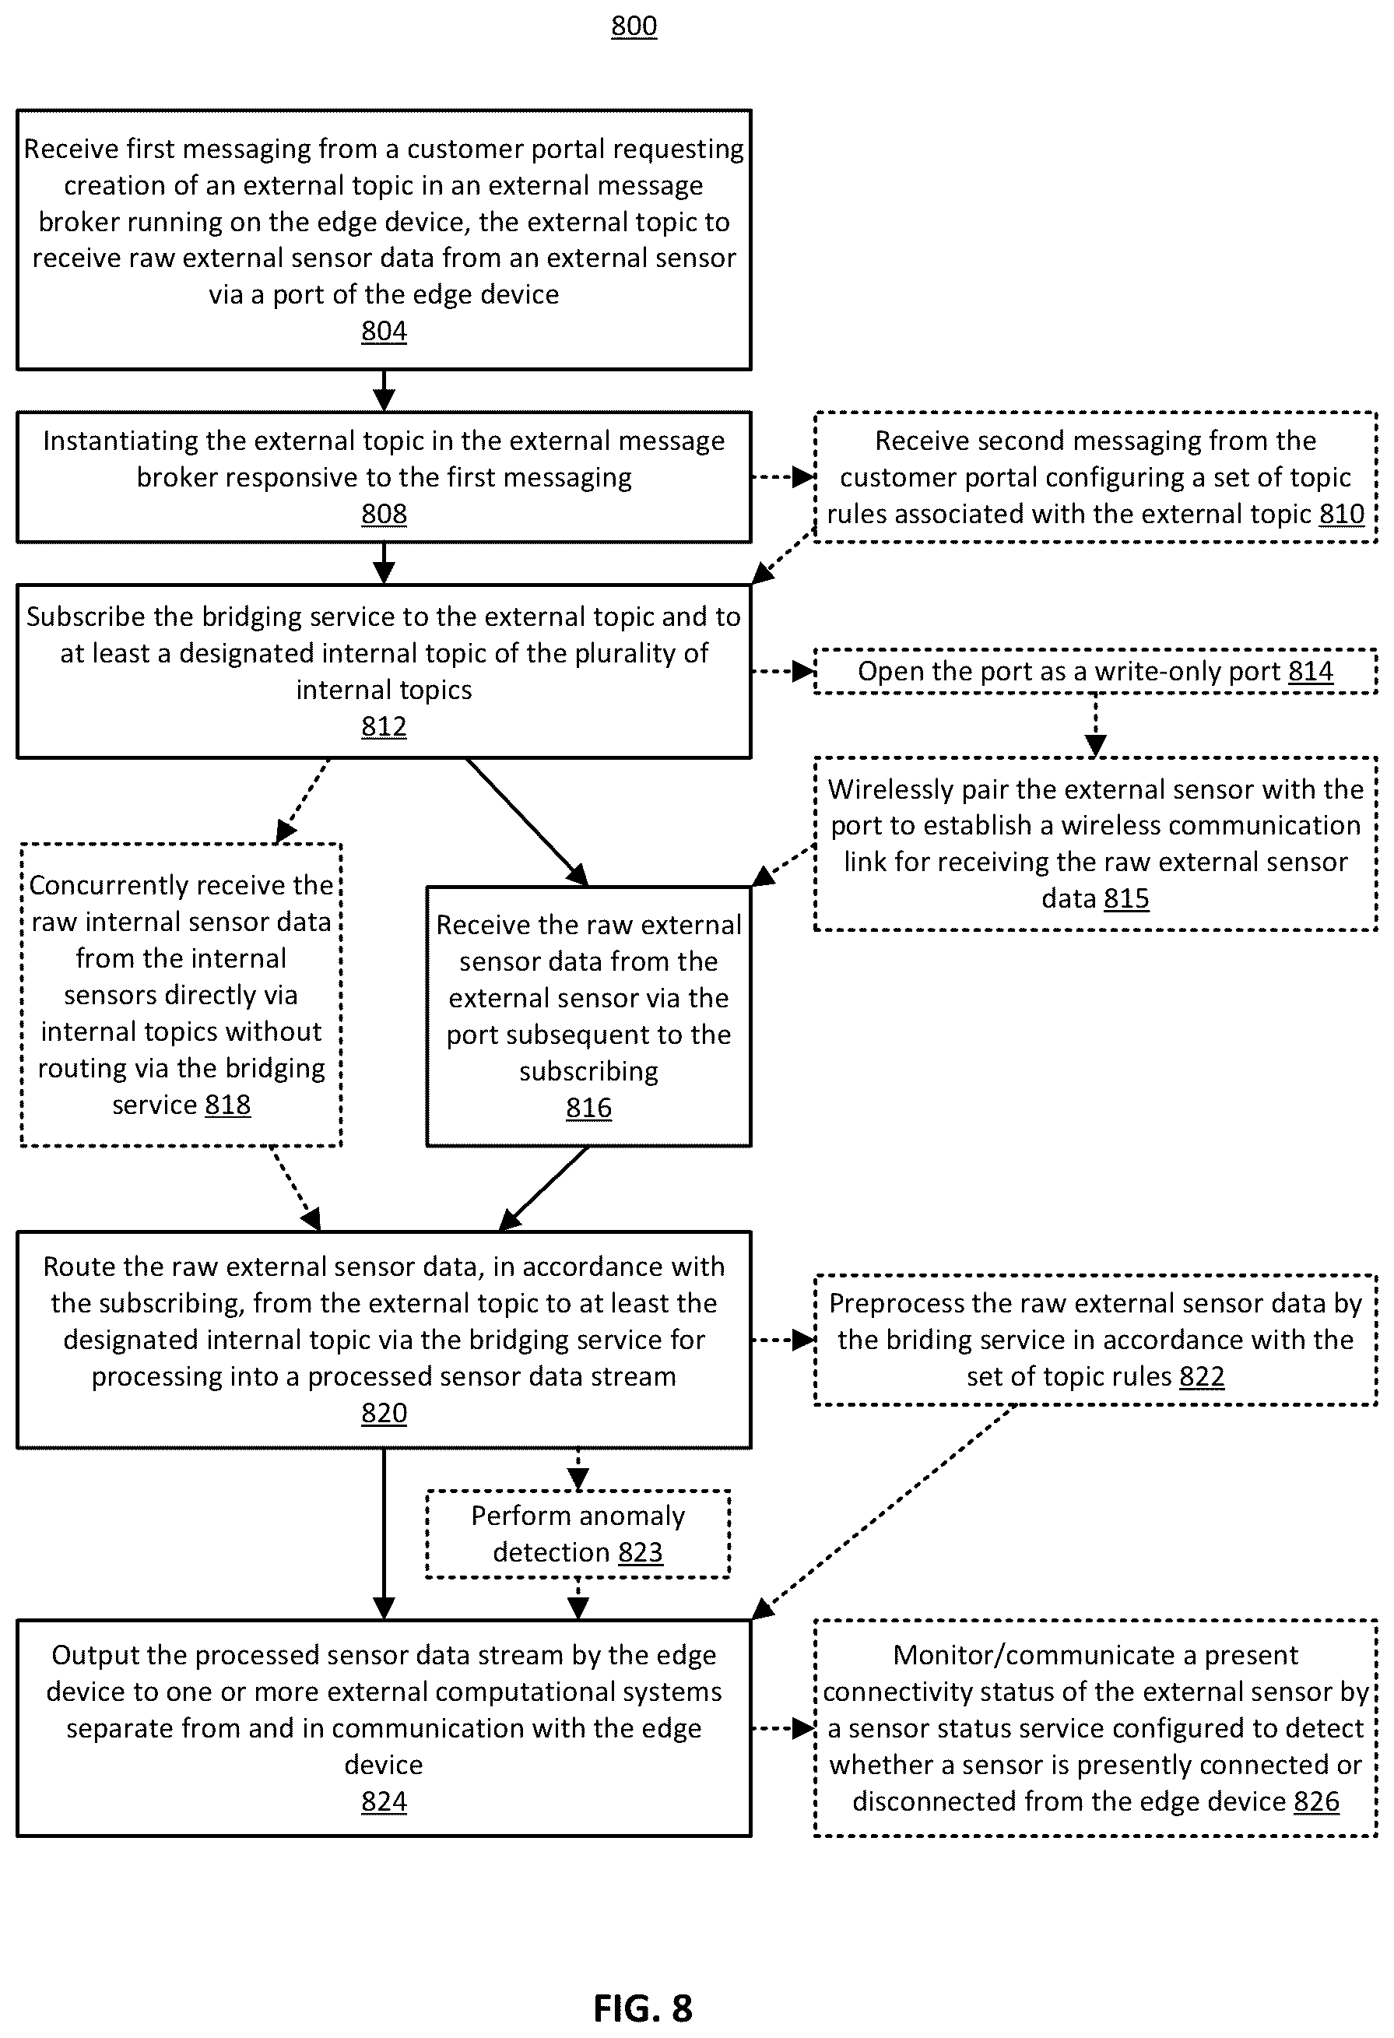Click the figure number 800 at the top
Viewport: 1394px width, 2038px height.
(634, 26)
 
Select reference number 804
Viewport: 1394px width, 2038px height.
(384, 332)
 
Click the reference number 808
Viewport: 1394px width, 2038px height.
(384, 514)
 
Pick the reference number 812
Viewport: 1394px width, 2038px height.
(384, 726)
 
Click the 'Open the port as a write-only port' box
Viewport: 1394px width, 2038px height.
(1096, 672)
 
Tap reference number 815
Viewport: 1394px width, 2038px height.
(1126, 899)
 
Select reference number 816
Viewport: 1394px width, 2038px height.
(588, 1109)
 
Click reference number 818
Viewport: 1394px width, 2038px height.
(228, 1105)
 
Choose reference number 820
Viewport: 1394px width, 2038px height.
(384, 1414)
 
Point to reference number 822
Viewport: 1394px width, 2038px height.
(1202, 1377)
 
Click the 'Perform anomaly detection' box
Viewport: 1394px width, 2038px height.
(578, 1534)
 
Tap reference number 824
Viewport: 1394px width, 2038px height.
(384, 1802)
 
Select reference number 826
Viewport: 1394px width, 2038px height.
(1317, 1802)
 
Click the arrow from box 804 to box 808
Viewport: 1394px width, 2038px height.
(384, 390)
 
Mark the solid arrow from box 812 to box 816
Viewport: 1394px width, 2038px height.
(527, 822)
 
